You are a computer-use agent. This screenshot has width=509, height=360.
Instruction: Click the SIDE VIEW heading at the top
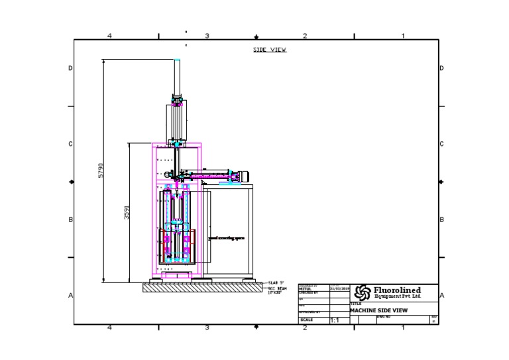[270, 50]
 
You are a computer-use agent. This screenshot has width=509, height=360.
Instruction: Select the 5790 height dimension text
[101, 171]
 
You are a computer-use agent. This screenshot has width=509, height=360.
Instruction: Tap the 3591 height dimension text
[126, 212]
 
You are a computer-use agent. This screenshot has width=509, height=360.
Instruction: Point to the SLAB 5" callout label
[276, 283]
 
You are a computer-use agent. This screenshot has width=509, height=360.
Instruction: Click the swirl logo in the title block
[363, 292]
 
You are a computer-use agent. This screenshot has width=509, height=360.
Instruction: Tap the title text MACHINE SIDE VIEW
[380, 310]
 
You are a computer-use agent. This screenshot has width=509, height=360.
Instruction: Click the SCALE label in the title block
[307, 320]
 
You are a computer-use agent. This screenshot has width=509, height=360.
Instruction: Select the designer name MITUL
[305, 289]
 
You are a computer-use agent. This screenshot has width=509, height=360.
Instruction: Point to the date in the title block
[339, 289]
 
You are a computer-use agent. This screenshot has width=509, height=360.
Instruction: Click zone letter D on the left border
[71, 68]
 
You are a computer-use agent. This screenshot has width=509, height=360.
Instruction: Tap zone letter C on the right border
[441, 144]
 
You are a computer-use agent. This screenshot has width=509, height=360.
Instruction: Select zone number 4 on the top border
[109, 36]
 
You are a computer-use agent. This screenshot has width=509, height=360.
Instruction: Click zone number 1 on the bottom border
[403, 328]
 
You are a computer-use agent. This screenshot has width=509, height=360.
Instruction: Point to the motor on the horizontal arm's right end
[243, 176]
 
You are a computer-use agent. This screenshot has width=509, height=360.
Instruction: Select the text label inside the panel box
[223, 236]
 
